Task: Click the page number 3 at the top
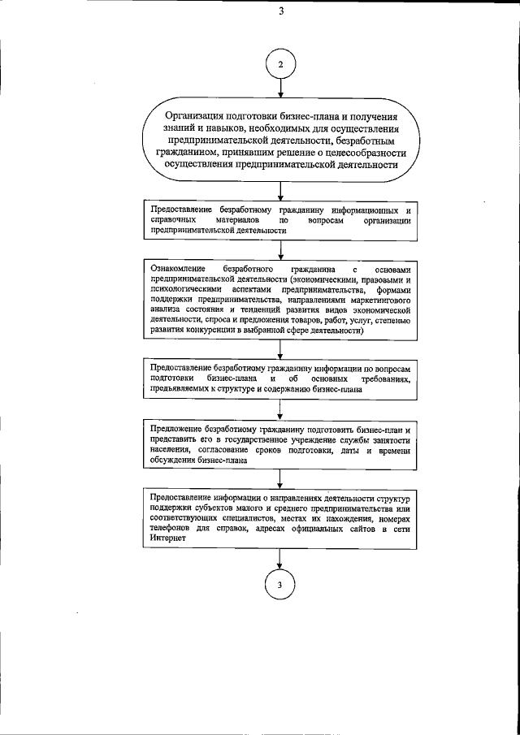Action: tap(280, 11)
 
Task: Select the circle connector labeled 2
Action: tap(280, 64)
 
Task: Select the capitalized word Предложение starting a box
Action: tap(176, 428)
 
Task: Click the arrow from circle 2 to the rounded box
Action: tap(280, 91)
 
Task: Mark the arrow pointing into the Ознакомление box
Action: tap(280, 250)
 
